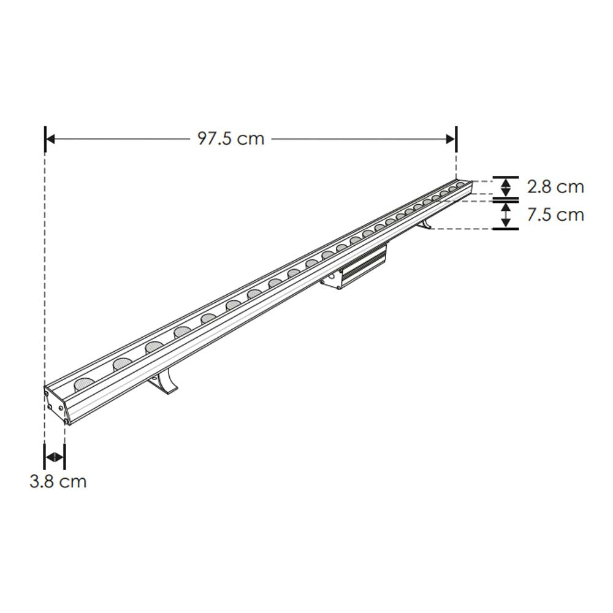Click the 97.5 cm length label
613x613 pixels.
tap(230, 139)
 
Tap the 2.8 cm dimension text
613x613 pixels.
tap(555, 186)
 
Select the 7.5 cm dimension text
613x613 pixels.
tap(555, 215)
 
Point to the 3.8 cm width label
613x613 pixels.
tap(58, 481)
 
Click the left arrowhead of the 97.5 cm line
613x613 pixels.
tap(51, 139)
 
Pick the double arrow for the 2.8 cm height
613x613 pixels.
tap(506, 186)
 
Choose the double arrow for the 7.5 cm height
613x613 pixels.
tap(506, 215)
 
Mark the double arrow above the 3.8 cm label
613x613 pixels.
tap(55, 457)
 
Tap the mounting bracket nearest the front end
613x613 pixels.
tap(164, 384)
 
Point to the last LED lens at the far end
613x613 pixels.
tap(460, 185)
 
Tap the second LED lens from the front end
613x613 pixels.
tap(122, 364)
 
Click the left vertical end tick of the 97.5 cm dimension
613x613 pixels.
tap(45, 139)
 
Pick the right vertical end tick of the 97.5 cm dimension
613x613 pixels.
tap(457, 139)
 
